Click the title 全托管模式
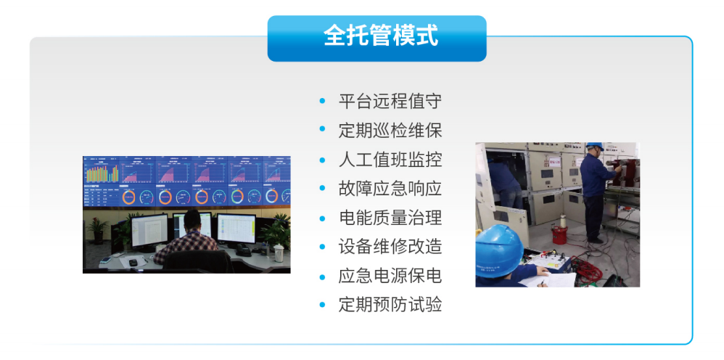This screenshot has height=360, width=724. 377,37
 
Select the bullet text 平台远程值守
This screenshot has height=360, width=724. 390,101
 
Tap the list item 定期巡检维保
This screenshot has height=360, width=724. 390,130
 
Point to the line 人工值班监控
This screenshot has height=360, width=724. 390,159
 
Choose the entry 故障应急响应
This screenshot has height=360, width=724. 390,188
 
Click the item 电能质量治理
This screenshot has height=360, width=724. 390,217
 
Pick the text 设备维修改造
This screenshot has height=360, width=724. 390,246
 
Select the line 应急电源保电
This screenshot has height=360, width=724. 390,276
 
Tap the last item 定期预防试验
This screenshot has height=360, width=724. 390,305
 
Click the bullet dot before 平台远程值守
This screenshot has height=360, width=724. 323,101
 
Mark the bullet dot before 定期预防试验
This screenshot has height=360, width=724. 323,305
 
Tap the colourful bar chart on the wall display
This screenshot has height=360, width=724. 102,173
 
